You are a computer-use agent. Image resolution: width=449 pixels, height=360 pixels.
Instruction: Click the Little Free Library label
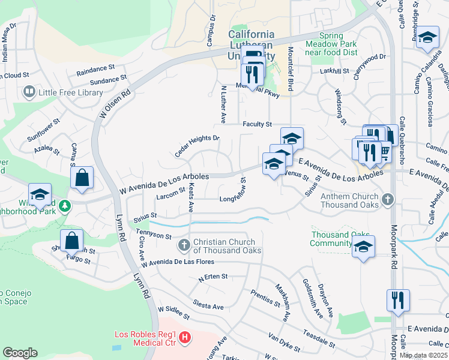pyautogui.click(x=70, y=92)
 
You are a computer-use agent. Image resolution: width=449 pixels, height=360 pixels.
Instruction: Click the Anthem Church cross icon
pyautogui.click(x=388, y=199)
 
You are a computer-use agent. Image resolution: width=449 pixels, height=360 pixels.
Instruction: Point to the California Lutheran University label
pyautogui.click(x=252, y=45)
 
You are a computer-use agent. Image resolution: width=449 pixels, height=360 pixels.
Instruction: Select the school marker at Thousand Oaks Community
pyautogui.click(x=363, y=247)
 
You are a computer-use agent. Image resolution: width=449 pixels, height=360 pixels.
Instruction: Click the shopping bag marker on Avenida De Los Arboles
pyautogui.click(x=82, y=178)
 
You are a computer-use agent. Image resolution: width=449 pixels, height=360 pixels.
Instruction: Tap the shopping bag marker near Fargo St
pyautogui.click(x=71, y=240)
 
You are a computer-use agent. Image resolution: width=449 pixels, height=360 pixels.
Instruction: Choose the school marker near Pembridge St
pyautogui.click(x=427, y=38)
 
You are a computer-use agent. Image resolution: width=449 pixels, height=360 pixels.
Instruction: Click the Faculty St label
pyautogui.click(x=258, y=124)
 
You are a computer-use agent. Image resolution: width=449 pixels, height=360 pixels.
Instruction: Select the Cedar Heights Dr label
pyautogui.click(x=197, y=144)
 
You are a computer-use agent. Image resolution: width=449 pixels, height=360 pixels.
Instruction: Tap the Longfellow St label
pyautogui.click(x=234, y=200)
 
